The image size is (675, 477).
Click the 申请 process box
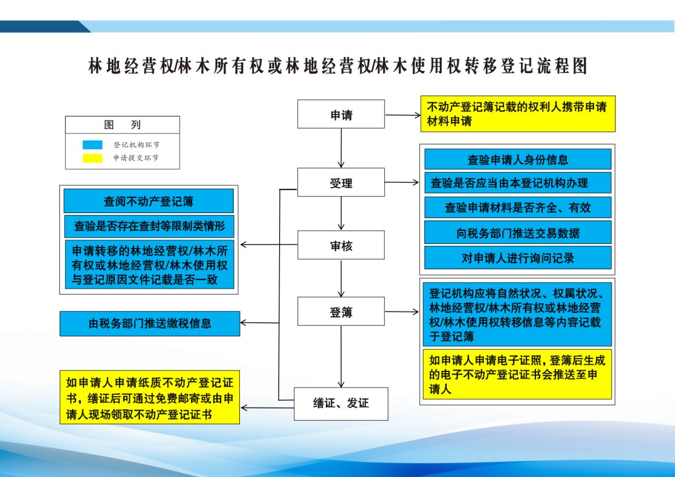coord(341,114)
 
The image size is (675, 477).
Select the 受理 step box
coord(341,182)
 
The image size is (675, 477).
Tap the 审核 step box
coord(341,245)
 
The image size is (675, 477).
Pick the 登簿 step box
coord(341,312)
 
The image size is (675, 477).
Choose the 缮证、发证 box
coord(341,403)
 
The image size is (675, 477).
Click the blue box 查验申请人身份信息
coord(517,159)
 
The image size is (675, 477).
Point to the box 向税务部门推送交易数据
coord(517,232)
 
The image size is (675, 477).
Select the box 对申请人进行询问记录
coord(517,258)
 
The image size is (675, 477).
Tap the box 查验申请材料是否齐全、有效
coord(517,208)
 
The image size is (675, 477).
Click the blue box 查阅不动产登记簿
coord(148,200)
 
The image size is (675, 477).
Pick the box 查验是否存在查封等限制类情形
coord(149,226)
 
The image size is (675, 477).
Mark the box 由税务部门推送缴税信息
coord(149,324)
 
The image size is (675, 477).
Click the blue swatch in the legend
coord(92,146)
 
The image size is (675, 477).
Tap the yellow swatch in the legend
coord(92,158)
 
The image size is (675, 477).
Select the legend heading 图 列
coord(122,125)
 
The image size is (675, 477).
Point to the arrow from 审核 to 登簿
coord(341,278)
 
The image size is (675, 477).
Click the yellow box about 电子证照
coord(517,374)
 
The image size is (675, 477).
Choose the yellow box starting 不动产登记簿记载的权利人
coord(517,114)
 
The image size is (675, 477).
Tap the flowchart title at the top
coord(337,66)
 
